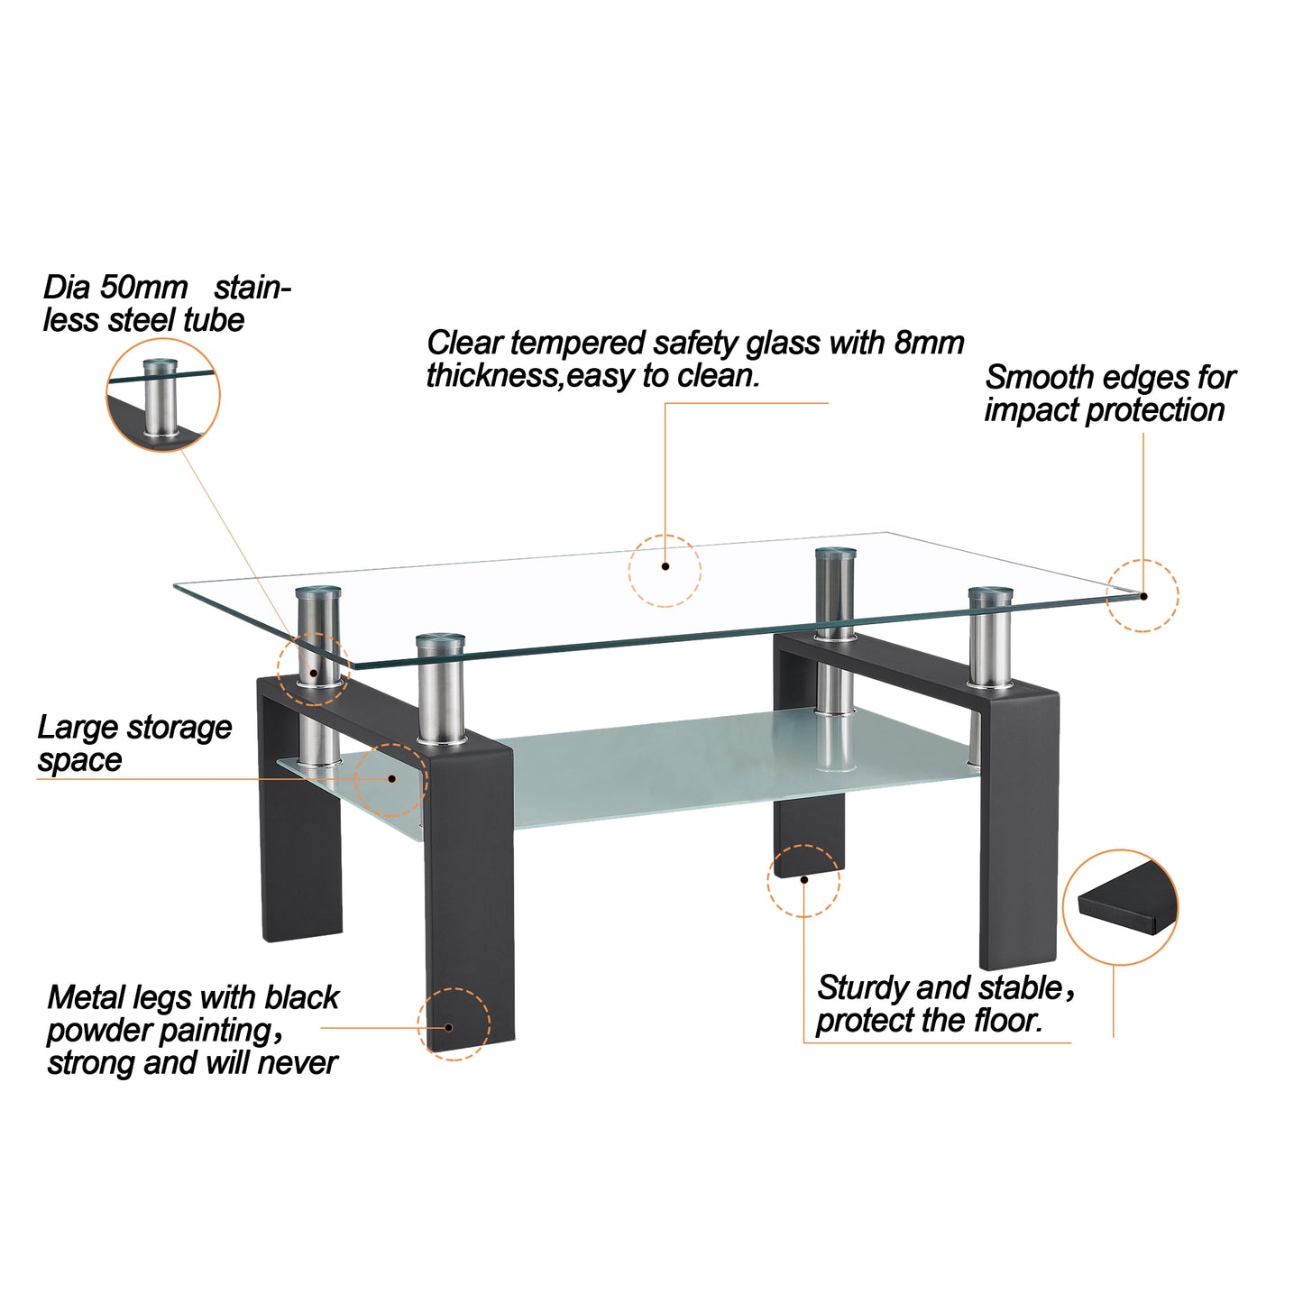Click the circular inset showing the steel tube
[x=163, y=397]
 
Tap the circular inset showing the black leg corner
[x=1120, y=906]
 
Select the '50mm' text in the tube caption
[x=142, y=288]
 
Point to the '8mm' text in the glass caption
[x=929, y=344]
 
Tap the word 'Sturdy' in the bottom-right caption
[x=862, y=988]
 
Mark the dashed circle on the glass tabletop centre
[x=665, y=570]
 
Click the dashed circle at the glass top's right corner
[x=1142, y=596]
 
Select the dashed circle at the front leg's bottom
[x=454, y=1023]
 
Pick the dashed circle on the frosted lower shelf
[x=390, y=780]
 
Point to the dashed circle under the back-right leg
[x=803, y=880]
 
